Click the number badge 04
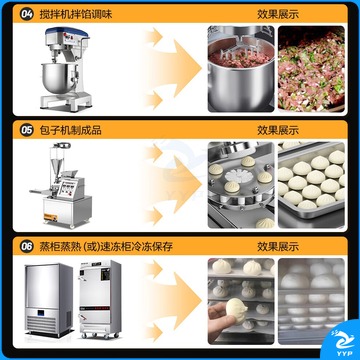pyautogui.click(x=27, y=14)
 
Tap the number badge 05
pyautogui.click(x=27, y=130)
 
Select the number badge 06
pyautogui.click(x=27, y=247)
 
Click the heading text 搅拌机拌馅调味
pyautogui.click(x=76, y=14)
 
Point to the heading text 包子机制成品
pyautogui.click(x=70, y=130)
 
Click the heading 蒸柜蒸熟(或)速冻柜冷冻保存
pyautogui.click(x=106, y=247)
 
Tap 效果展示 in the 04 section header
pyautogui.click(x=278, y=14)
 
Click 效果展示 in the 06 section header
pyautogui.click(x=278, y=247)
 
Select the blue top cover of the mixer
pyautogui.click(x=67, y=32)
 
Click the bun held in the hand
pyautogui.click(x=236, y=310)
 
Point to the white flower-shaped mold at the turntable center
pyautogui.click(x=239, y=175)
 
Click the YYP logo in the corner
pyautogui.click(x=343, y=340)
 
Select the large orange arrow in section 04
pyautogui.click(x=173, y=68)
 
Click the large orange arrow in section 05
pyautogui.click(x=173, y=184)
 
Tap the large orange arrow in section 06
pyautogui.click(x=173, y=301)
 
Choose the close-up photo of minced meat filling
pyautogui.click(x=311, y=69)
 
